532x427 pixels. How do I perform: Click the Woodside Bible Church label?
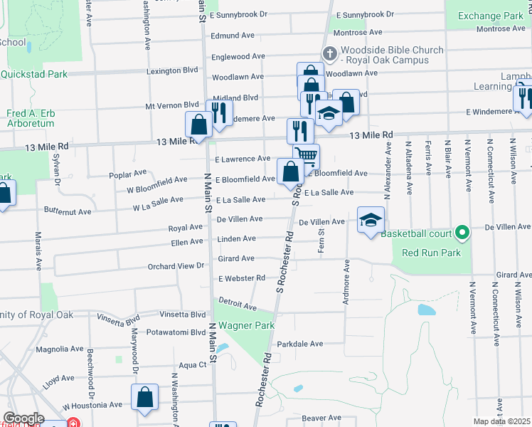pyautogui.click(x=392, y=56)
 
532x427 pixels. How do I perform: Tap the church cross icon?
pyautogui.click(x=329, y=54)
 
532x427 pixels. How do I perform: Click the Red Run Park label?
pyautogui.click(x=431, y=253)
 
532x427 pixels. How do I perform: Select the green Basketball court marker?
pyautogui.click(x=462, y=233)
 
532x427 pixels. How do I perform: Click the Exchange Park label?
pyautogui.click(x=490, y=16)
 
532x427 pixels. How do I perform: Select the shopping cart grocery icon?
pyautogui.click(x=306, y=155)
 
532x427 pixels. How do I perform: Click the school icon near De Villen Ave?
pyautogui.click(x=371, y=220)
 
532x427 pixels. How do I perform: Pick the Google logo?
pyautogui.click(x=23, y=418)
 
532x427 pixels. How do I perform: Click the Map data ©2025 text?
pyautogui.click(x=502, y=421)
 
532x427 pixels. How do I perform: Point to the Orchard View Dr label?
pyautogui.click(x=175, y=265)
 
